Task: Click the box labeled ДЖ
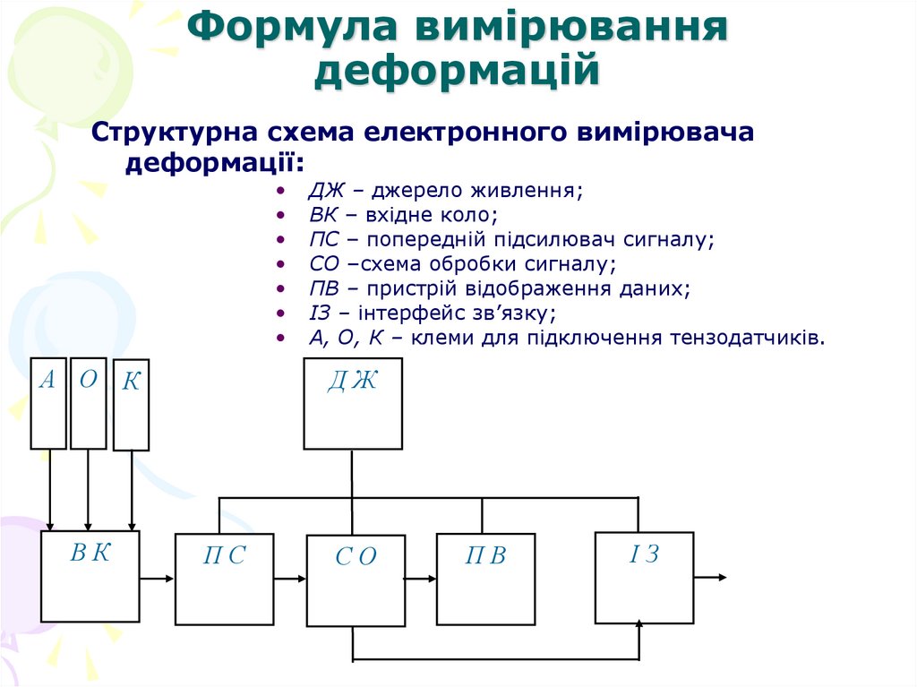coord(353,403)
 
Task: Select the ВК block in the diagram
coord(90,576)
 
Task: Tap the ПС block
coord(224,579)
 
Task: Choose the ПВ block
coord(485,579)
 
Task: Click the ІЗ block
coord(644,577)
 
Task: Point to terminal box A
coord(48,403)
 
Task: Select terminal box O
coord(88,403)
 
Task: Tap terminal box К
coord(131,405)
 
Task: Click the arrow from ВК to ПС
coord(158,579)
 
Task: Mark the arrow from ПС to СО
coord(290,579)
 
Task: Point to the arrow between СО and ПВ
coord(421,579)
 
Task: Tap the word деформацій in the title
coord(457,70)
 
